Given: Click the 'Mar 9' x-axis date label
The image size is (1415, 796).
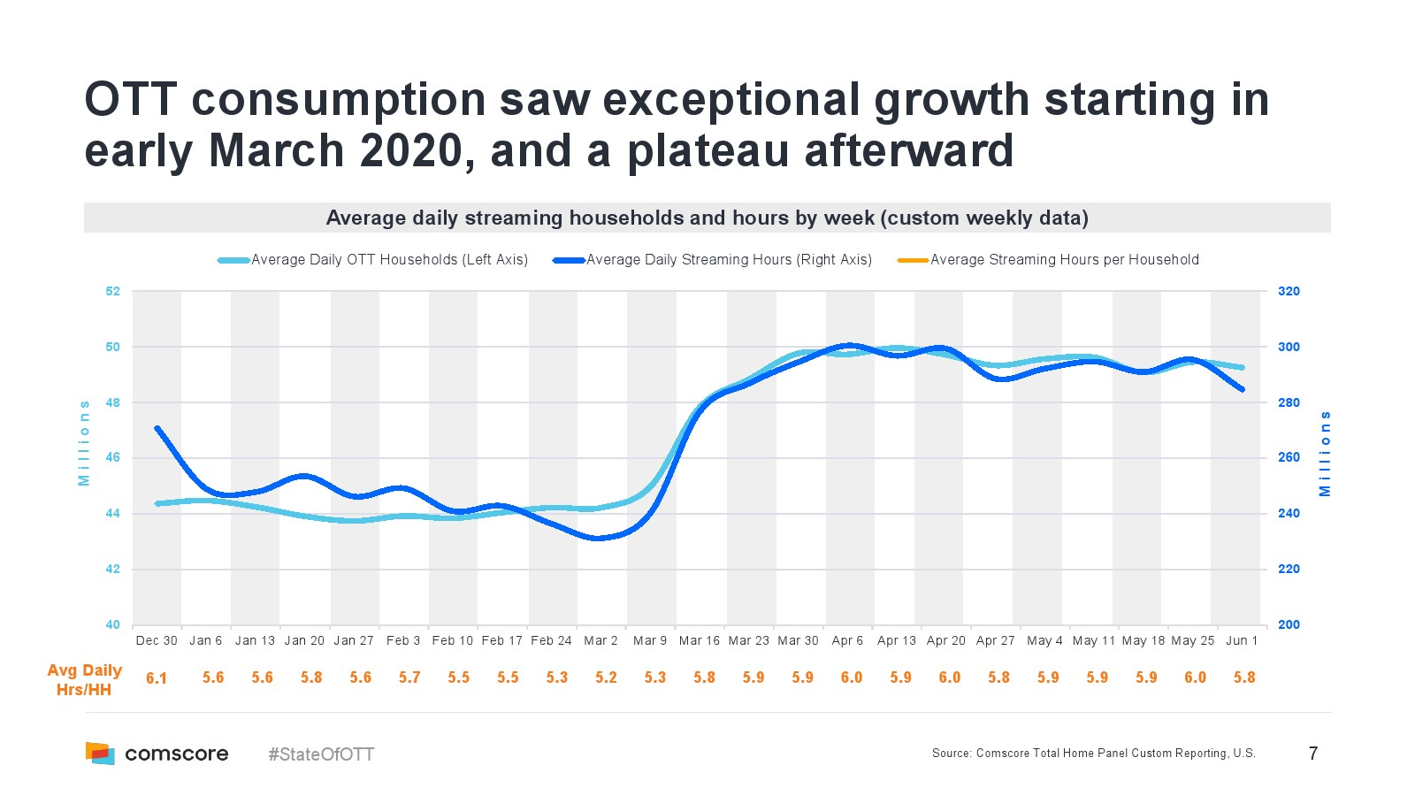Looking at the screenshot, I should tap(649, 640).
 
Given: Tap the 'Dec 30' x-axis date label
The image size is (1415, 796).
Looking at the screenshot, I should tap(157, 640).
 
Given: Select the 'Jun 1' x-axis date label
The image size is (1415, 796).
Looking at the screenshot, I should tap(1242, 640).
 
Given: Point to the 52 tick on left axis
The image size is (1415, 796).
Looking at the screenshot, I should tap(112, 291).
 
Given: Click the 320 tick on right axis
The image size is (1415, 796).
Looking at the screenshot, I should tap(1289, 291).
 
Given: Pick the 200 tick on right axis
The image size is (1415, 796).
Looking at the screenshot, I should tap(1289, 624).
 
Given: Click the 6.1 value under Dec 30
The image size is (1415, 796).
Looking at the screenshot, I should tap(157, 678).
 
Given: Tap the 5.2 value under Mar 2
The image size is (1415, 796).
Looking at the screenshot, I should tap(606, 677).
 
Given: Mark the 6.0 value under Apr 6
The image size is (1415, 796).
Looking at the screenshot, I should tap(851, 677).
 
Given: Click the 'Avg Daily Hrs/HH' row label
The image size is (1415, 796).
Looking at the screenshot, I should tap(84, 679).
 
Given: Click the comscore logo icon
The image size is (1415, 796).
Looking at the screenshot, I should tap(100, 754).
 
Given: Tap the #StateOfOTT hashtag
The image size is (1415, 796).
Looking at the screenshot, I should tap(321, 754).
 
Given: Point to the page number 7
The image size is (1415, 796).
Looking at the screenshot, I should tap(1313, 754).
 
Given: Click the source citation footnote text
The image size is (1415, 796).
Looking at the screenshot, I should tap(1093, 754).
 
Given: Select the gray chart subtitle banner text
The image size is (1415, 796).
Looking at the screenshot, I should tap(707, 218).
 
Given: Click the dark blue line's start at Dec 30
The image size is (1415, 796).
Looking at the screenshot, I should tap(157, 428).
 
